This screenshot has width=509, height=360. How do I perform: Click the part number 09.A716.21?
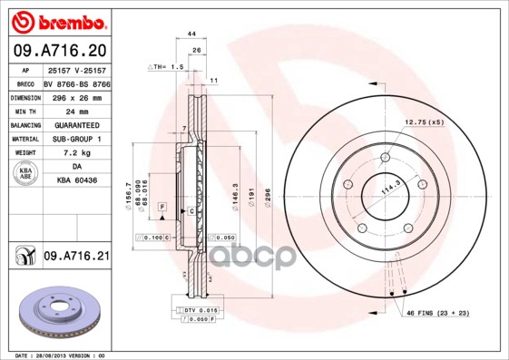76,258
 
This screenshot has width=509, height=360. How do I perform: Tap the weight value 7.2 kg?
75,153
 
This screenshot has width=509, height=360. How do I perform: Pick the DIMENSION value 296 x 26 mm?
76,96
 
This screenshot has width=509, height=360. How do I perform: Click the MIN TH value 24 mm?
76,110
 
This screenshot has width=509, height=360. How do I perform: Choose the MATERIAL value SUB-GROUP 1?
76,139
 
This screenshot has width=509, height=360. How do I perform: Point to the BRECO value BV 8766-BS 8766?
76,83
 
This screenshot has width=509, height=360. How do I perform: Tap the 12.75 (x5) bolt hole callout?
424,122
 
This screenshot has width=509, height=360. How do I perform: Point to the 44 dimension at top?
191,33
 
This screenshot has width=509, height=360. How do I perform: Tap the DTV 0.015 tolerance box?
197,310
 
